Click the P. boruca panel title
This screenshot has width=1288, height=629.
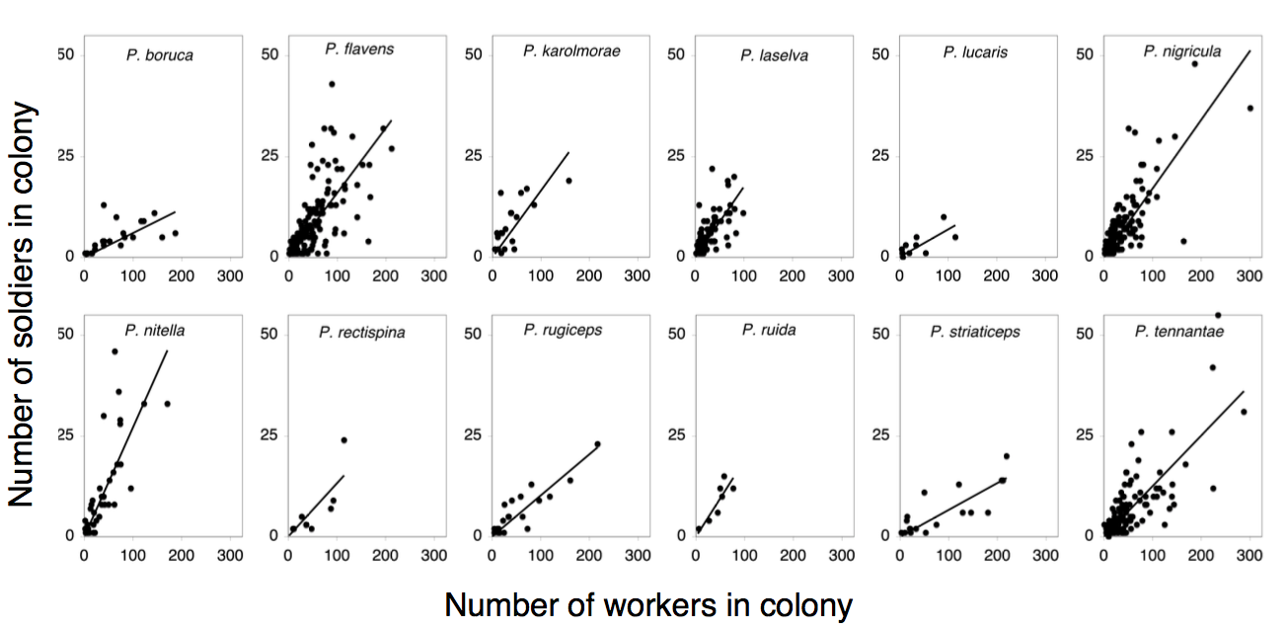[x=159, y=55]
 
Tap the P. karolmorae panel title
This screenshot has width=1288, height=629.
[x=571, y=50]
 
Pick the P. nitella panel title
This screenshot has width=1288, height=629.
[x=154, y=330]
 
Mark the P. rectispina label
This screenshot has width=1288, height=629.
[x=361, y=333]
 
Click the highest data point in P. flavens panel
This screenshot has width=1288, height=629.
[x=333, y=84]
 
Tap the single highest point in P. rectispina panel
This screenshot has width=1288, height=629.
[x=344, y=439]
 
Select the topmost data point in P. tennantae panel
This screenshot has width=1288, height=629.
[x=1218, y=315]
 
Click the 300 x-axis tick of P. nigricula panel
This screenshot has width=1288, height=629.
[x=1249, y=277]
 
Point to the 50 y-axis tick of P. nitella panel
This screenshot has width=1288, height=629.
[x=66, y=334]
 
